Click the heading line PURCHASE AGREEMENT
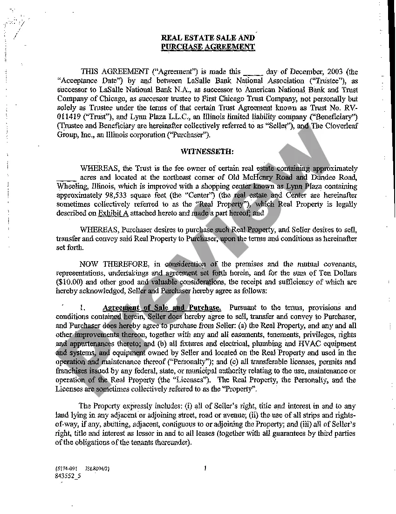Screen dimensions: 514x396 pos(208,47)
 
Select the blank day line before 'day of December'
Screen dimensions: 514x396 pos(253,73)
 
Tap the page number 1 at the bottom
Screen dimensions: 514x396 pos(205,468)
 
